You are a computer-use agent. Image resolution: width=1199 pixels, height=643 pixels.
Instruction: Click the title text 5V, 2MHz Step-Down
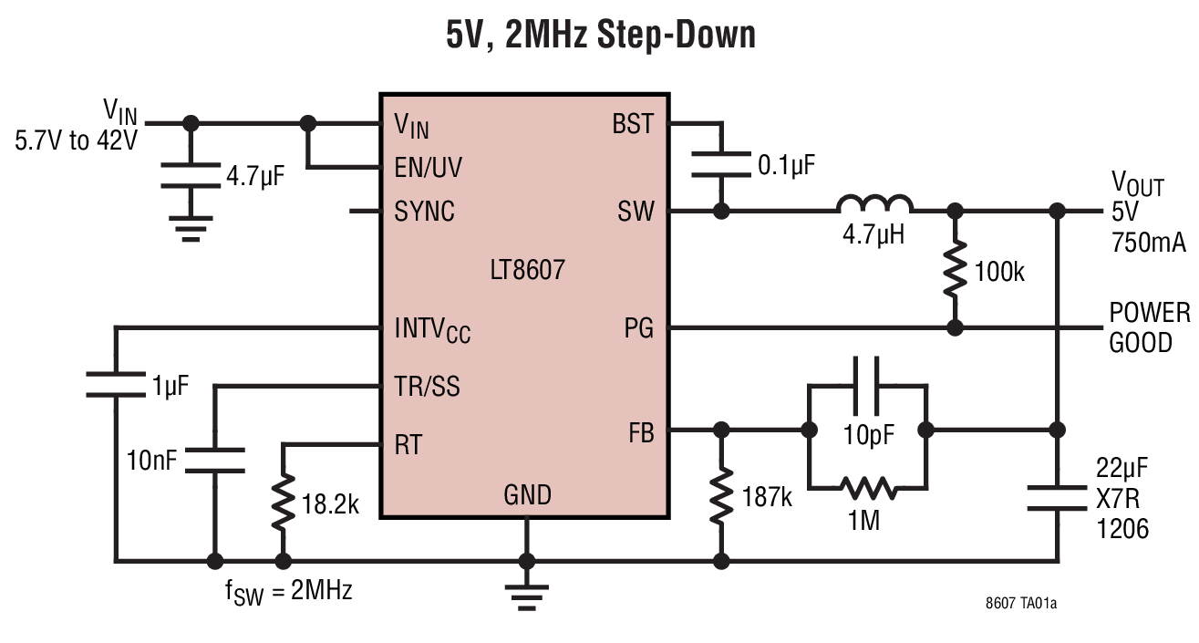(599, 35)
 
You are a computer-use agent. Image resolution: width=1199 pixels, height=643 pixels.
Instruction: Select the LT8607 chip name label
(525, 270)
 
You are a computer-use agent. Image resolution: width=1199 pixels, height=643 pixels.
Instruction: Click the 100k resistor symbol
(955, 267)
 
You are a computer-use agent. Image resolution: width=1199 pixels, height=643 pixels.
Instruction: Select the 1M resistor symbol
(866, 489)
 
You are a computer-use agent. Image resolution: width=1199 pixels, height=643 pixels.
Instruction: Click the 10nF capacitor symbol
(215, 461)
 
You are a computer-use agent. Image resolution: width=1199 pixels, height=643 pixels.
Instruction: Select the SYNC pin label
(424, 212)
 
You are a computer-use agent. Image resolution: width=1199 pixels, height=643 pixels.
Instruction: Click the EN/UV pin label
(428, 168)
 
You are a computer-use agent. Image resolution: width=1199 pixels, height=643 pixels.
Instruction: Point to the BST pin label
(633, 124)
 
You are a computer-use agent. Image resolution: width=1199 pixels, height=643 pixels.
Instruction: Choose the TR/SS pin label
(427, 387)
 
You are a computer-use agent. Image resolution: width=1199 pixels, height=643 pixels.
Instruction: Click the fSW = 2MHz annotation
(288, 590)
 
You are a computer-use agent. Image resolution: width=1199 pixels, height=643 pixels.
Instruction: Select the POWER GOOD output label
(1149, 327)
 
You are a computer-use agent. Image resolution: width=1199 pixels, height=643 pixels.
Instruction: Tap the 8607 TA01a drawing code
(1027, 605)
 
